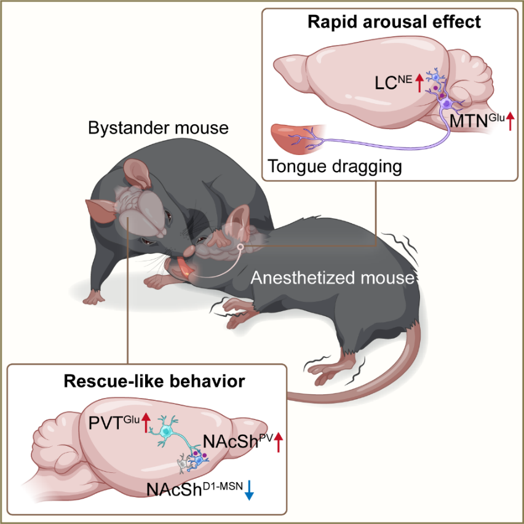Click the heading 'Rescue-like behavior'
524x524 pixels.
click(x=154, y=381)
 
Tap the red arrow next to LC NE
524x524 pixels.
click(x=419, y=82)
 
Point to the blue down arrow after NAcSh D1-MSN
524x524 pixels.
click(x=249, y=491)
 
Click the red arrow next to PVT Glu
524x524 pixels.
click(x=146, y=422)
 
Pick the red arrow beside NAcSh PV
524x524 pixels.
click(x=279, y=442)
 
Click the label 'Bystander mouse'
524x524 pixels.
click(x=158, y=129)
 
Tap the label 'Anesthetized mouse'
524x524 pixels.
click(x=331, y=279)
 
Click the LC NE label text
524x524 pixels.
click(x=394, y=82)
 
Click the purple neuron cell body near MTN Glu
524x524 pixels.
click(x=447, y=106)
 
